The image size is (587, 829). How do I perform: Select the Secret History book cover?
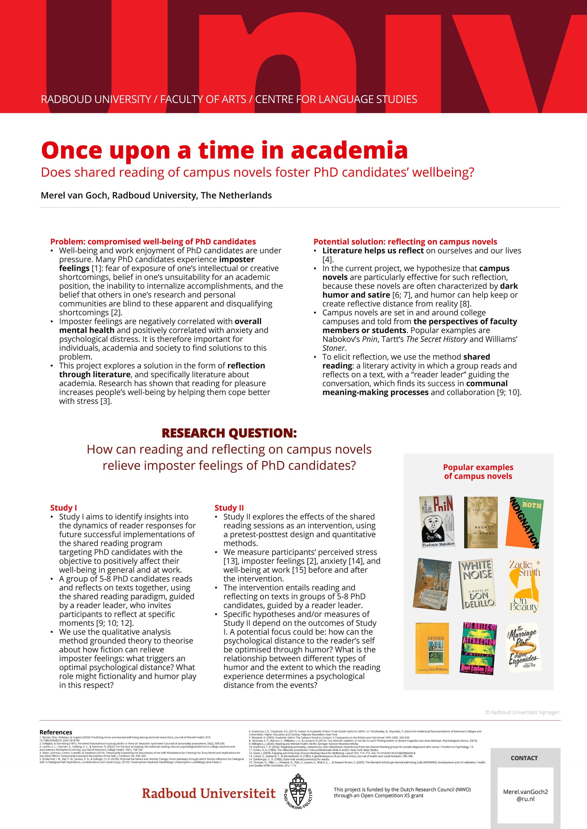(x=480, y=522)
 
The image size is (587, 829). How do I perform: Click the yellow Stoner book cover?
(x=432, y=648)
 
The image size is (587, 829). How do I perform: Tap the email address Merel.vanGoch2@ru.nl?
(x=525, y=795)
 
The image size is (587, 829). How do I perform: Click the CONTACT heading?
(x=524, y=758)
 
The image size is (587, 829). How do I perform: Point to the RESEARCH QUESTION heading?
(x=229, y=433)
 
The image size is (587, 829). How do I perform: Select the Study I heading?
(x=64, y=508)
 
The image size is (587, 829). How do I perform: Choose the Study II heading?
(x=229, y=508)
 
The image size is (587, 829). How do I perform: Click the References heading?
(x=56, y=732)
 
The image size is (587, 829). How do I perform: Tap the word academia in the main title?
(x=349, y=150)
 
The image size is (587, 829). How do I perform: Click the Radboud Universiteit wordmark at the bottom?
(x=209, y=793)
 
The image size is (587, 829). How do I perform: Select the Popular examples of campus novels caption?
(x=478, y=472)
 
